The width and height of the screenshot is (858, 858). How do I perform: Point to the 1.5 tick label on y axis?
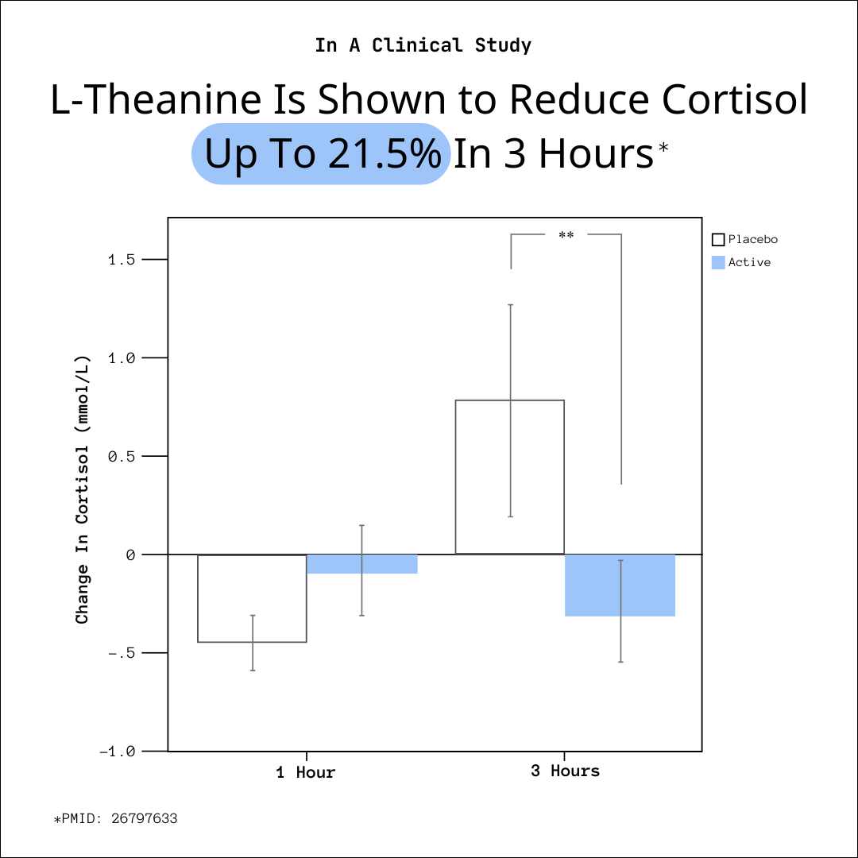coord(122,260)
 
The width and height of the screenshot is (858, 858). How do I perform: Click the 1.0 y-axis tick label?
coord(122,358)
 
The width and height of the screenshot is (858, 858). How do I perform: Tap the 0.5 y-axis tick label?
coord(122,457)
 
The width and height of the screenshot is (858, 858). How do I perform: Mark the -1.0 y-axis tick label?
coord(118,752)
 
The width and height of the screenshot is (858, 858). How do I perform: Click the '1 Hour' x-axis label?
coord(306,772)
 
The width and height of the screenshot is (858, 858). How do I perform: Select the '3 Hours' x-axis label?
coord(565,771)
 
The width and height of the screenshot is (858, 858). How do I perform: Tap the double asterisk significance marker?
coord(566,236)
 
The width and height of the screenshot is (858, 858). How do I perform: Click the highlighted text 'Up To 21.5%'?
coord(322,154)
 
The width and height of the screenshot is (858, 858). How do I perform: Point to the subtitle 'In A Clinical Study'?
coord(423,45)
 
